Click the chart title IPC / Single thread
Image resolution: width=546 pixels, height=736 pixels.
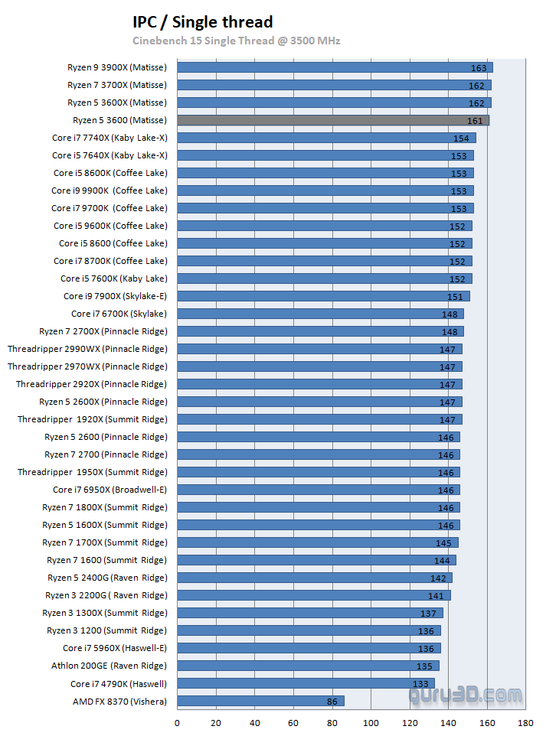(x=202, y=22)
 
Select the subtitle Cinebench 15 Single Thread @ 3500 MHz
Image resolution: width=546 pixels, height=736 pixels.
(x=236, y=41)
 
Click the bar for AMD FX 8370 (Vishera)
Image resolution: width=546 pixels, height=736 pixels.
(x=260, y=701)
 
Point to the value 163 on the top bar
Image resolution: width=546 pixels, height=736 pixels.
(x=478, y=68)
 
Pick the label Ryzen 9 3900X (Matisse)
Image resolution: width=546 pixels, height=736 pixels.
(x=116, y=67)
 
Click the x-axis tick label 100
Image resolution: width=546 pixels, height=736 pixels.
(x=371, y=723)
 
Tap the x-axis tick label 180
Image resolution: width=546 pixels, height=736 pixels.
(x=525, y=723)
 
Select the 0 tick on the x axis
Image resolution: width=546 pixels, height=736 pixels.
(x=178, y=723)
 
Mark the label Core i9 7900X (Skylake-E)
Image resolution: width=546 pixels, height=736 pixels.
(x=115, y=296)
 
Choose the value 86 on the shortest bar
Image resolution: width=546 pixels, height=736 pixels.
(x=331, y=702)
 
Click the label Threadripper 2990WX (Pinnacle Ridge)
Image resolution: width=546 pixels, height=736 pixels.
(x=87, y=349)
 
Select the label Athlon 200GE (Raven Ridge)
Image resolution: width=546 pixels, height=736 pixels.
(x=109, y=666)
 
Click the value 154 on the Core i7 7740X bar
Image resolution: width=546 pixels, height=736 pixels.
(x=460, y=138)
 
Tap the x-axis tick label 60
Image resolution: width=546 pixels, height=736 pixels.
(x=293, y=723)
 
